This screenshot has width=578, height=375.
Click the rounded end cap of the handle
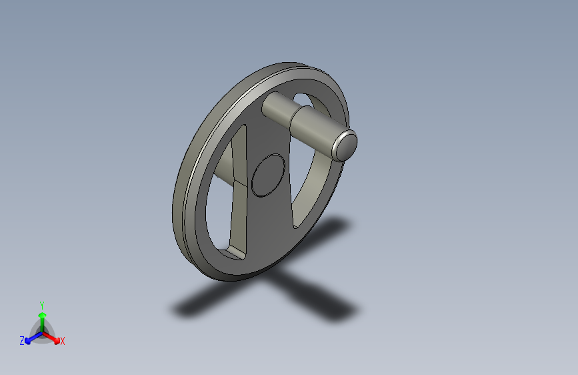point(345,145)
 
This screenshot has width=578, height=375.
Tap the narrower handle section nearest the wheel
point(277,106)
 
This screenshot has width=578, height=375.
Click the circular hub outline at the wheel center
point(269,175)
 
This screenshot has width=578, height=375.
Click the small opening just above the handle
point(301,99)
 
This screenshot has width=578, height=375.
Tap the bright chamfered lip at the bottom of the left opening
point(231,253)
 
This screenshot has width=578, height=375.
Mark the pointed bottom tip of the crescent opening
point(295,228)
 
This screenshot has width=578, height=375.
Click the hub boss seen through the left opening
point(224,169)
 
